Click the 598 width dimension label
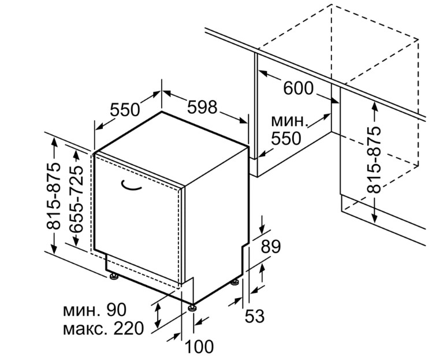click(x=202, y=107)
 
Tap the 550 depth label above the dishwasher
click(x=125, y=109)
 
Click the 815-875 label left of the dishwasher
click(x=54, y=197)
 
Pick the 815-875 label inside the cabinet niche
click(x=375, y=159)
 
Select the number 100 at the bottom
click(x=199, y=347)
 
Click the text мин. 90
click(x=96, y=310)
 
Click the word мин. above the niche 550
click(x=288, y=121)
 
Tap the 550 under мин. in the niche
click(x=286, y=139)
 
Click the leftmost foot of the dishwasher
click(x=114, y=277)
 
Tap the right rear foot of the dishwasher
click(x=235, y=283)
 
